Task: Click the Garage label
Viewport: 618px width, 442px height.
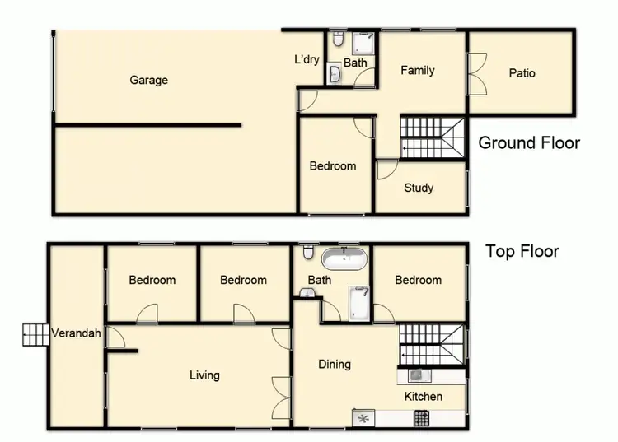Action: (148, 80)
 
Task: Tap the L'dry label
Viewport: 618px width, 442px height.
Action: (307, 59)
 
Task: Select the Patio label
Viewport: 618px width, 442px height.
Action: (522, 72)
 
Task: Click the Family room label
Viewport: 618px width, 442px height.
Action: (417, 70)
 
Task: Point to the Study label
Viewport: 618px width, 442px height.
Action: (419, 188)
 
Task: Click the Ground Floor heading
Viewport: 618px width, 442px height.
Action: (529, 142)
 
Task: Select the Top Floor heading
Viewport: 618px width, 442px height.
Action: (522, 251)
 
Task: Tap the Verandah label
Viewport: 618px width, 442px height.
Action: (76, 333)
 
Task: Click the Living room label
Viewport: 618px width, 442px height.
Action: (204, 375)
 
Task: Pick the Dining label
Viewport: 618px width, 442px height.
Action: (335, 364)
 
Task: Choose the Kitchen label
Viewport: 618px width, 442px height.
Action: (423, 396)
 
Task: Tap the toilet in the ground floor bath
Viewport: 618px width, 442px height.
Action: (338, 40)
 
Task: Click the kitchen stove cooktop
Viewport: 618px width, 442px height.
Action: (421, 418)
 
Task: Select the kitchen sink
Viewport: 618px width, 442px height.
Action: (416, 375)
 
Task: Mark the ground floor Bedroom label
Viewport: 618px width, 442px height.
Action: (333, 165)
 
